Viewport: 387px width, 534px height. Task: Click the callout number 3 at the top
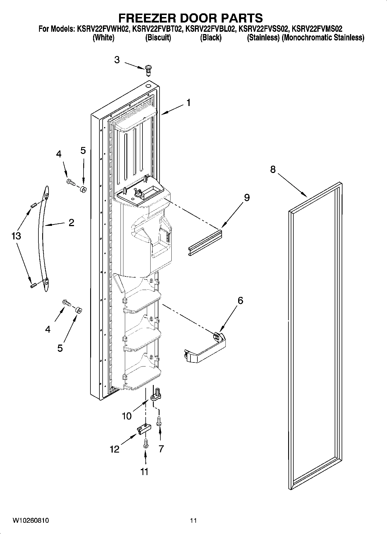tap(117, 60)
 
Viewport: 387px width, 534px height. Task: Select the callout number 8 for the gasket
tap(273, 169)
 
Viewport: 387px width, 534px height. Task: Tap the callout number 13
tap(16, 236)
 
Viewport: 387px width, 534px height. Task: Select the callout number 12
tap(114, 449)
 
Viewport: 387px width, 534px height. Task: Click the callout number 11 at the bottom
tap(144, 471)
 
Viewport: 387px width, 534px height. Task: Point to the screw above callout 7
tap(159, 420)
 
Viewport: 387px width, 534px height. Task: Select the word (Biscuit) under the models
tap(158, 38)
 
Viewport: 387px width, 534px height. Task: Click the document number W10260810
tap(31, 520)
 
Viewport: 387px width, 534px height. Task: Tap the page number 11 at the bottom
tap(193, 520)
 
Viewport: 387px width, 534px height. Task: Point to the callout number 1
tap(188, 103)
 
